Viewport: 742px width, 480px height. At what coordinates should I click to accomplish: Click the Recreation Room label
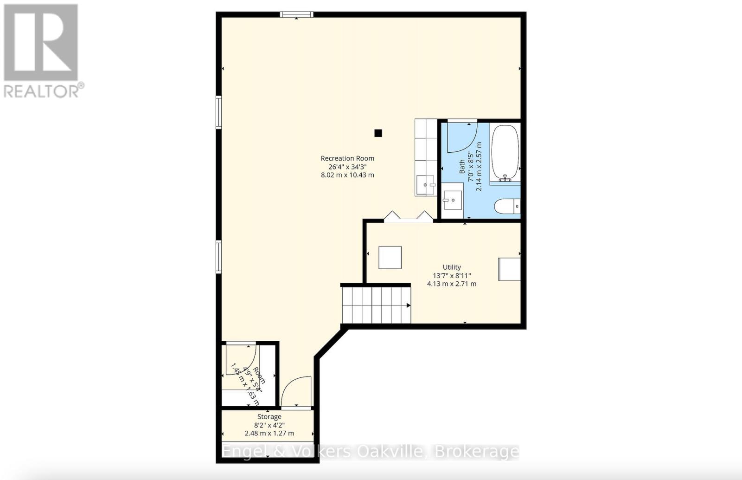pyautogui.click(x=347, y=158)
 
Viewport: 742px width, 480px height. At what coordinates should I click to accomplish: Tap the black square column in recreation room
pyautogui.click(x=378, y=133)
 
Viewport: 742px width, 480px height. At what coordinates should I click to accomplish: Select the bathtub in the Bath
pyautogui.click(x=505, y=152)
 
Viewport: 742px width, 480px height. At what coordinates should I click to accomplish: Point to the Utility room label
pyautogui.click(x=452, y=267)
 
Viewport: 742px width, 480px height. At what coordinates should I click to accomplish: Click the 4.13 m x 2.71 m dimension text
pyautogui.click(x=452, y=284)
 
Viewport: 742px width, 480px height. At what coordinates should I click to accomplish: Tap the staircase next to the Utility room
pyautogui.click(x=376, y=305)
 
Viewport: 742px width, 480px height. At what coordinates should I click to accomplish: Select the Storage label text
pyautogui.click(x=269, y=417)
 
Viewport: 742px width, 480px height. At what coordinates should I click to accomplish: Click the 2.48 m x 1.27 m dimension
pyautogui.click(x=269, y=433)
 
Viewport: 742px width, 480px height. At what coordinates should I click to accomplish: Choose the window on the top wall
pyautogui.click(x=297, y=15)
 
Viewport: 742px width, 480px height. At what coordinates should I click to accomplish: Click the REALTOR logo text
pyautogui.click(x=44, y=91)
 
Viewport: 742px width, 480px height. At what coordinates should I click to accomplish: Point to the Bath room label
pyautogui.click(x=462, y=166)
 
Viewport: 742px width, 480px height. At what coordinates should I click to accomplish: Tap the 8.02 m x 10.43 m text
pyautogui.click(x=347, y=175)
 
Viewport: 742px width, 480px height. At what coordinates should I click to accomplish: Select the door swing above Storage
pyautogui.click(x=297, y=392)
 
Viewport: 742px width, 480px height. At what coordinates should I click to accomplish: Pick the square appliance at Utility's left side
pyautogui.click(x=390, y=257)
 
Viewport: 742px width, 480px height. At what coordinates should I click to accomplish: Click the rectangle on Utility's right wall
pyautogui.click(x=509, y=269)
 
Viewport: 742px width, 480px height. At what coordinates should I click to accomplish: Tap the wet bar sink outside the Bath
pyautogui.click(x=425, y=185)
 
